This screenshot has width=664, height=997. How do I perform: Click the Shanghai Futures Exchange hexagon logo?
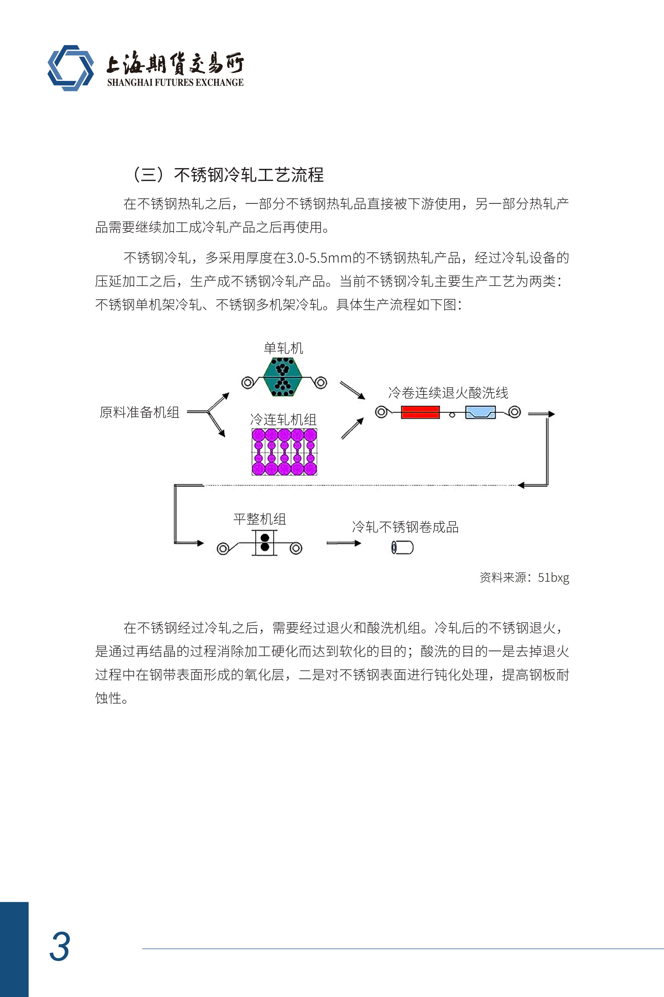pos(71,68)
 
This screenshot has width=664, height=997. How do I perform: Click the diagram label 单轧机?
pos(283,348)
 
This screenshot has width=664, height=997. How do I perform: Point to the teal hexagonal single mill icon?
pos(282,377)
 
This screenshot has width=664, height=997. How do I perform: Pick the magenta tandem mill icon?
pos(284,452)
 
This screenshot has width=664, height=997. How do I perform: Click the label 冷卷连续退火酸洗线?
pos(448,393)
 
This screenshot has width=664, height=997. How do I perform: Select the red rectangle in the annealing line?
pos(420,412)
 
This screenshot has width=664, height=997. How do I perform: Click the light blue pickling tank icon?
pos(480,412)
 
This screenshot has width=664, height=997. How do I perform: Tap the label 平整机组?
pos(260,519)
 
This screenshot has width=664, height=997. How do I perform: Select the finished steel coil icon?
pos(402,547)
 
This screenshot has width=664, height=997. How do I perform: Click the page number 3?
pos(60,946)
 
